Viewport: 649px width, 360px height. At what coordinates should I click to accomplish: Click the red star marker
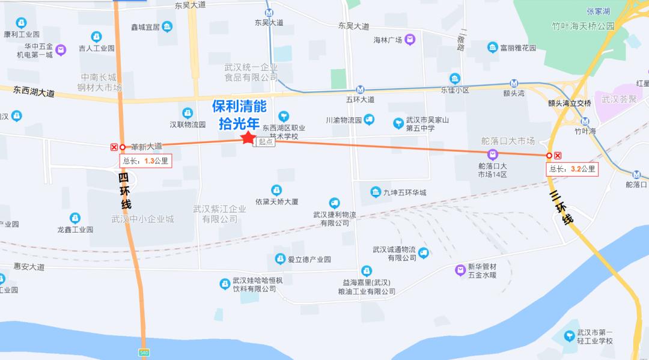pos(247,138)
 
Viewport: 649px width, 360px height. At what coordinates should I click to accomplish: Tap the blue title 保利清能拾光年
pos(239,115)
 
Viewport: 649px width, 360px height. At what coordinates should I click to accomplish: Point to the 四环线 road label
pos(124,191)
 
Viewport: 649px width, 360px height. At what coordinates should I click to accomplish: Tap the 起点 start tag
pos(266,142)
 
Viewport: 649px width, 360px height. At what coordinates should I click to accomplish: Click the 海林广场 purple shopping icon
pos(410,40)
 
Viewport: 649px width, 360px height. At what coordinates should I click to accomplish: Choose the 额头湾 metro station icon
pos(514,84)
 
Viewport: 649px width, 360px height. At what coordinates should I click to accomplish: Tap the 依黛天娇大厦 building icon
pos(276,190)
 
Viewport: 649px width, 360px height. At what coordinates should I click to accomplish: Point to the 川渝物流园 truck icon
pos(369,119)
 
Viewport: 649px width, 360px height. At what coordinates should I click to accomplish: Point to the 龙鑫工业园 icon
pos(75,218)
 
